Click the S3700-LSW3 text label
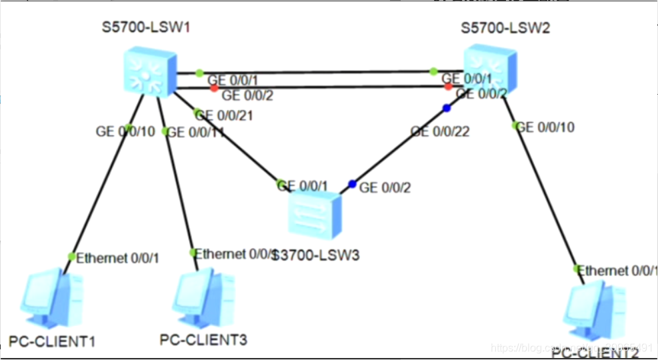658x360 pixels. click(315, 255)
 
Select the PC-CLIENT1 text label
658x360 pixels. click(52, 343)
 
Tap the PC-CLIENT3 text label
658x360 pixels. click(203, 340)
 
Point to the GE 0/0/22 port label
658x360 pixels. click(440, 132)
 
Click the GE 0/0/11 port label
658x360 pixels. click(195, 133)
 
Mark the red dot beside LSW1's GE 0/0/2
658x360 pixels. click(214, 87)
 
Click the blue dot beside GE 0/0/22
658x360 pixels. click(447, 108)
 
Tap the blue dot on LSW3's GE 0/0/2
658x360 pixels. click(353, 184)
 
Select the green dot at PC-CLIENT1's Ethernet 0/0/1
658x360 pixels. click(72, 257)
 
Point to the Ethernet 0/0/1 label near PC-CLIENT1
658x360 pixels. click(118, 258)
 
